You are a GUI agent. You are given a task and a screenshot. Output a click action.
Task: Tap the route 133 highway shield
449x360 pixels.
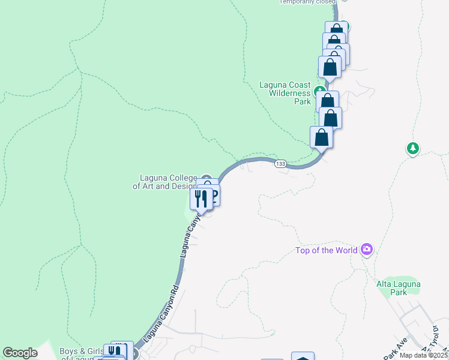pyautogui.click(x=280, y=164)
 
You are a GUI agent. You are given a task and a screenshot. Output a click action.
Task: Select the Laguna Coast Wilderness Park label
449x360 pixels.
pyautogui.click(x=285, y=93)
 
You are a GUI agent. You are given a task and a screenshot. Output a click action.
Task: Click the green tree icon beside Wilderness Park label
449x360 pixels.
pyautogui.click(x=318, y=92)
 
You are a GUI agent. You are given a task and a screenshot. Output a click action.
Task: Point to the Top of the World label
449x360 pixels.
pyautogui.click(x=327, y=250)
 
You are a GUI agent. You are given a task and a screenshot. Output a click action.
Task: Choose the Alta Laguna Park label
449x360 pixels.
pyautogui.click(x=399, y=288)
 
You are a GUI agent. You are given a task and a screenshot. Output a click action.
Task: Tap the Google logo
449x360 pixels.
pyautogui.click(x=20, y=353)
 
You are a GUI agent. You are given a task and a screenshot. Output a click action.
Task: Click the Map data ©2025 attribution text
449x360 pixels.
pyautogui.click(x=424, y=355)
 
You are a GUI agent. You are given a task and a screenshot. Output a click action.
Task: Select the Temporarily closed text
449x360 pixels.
pyautogui.click(x=307, y=2)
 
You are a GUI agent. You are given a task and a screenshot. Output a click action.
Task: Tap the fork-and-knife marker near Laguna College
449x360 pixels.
pyautogui.click(x=201, y=197)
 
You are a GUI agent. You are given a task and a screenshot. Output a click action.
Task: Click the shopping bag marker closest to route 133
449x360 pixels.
pyautogui.click(x=322, y=137)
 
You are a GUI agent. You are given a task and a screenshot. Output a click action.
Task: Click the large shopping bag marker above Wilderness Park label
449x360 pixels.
pyautogui.click(x=330, y=67)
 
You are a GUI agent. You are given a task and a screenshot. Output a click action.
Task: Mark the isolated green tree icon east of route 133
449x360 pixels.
pyautogui.click(x=413, y=148)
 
